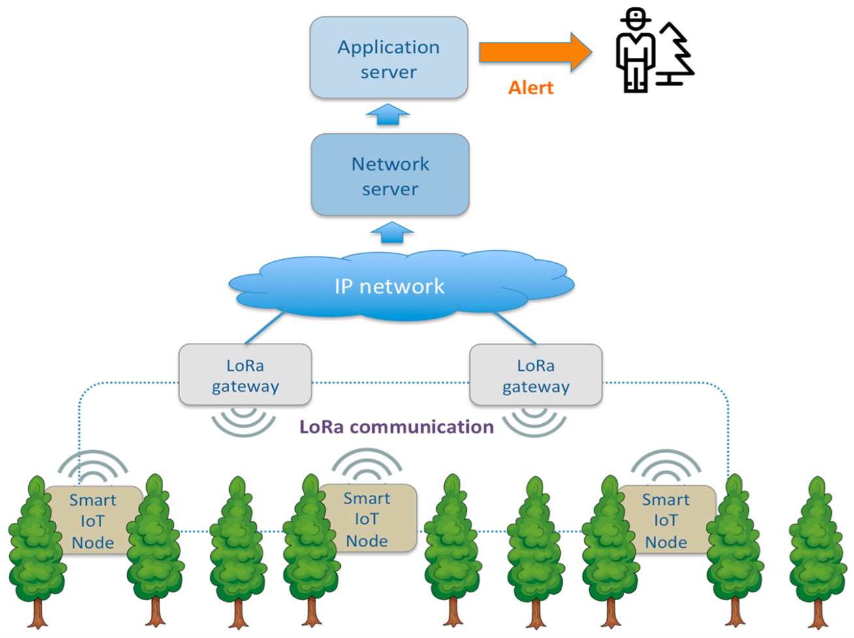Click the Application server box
tap(388, 58)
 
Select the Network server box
tap(390, 175)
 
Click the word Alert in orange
tap(531, 88)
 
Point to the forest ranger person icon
tap(635, 50)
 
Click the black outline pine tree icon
tap(676, 55)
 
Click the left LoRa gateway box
tap(245, 375)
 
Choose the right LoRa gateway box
tap(535, 375)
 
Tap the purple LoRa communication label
tap(396, 427)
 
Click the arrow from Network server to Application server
tap(388, 114)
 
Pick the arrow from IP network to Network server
tap(391, 232)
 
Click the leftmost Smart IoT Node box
tap(93, 520)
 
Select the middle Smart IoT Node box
tap(367, 519)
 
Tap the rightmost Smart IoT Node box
tap(665, 520)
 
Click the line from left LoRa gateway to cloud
tap(264, 328)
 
